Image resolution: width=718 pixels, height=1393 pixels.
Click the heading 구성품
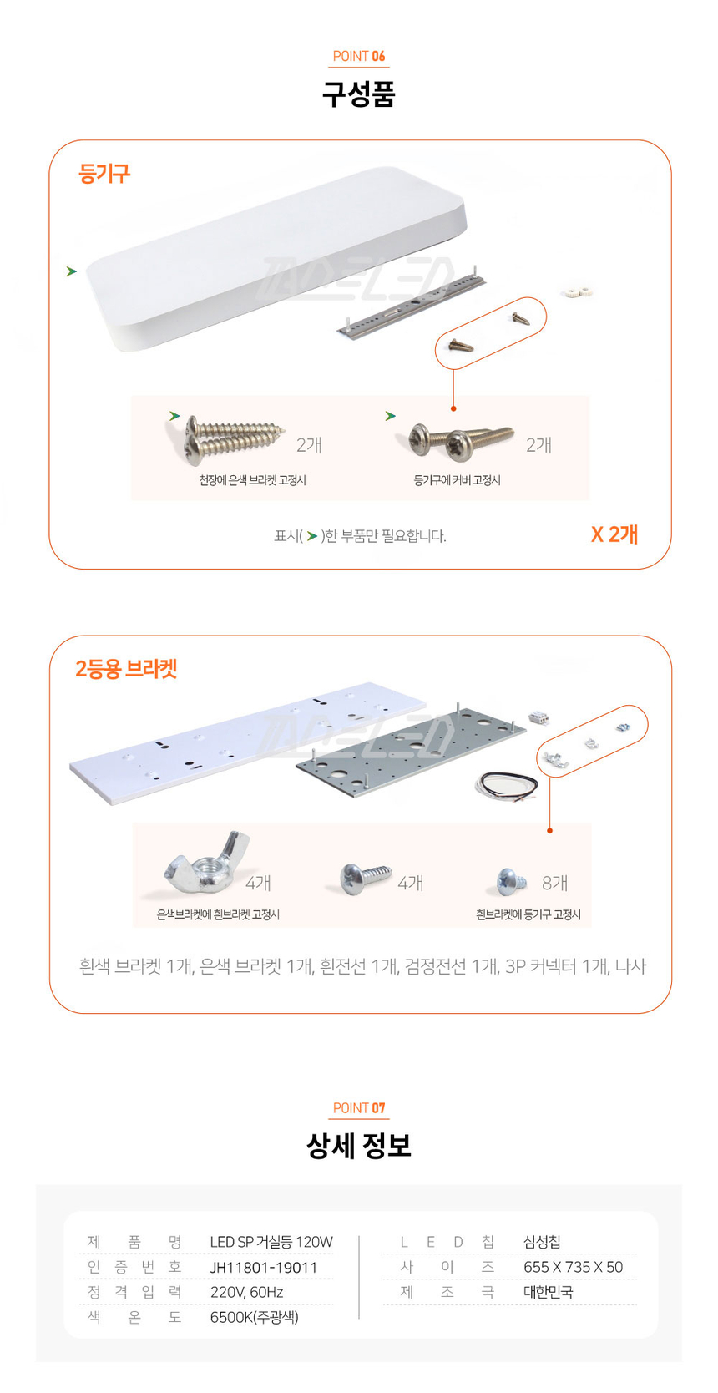tap(359, 94)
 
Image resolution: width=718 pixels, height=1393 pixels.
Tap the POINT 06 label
tap(359, 56)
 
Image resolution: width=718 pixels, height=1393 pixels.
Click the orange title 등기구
tap(104, 173)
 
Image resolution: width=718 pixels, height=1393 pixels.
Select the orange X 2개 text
tap(614, 534)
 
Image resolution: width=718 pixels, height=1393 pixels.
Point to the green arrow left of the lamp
tap(72, 271)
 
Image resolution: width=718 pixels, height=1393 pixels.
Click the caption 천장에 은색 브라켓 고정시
tap(252, 480)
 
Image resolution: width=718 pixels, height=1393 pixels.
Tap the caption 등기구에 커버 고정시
tap(457, 480)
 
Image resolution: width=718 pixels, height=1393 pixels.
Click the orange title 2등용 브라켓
tap(126, 668)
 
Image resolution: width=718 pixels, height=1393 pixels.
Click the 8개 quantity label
tap(554, 883)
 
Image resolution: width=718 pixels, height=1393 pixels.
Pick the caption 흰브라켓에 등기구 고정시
tap(528, 914)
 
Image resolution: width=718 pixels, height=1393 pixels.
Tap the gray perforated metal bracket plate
tap(410, 752)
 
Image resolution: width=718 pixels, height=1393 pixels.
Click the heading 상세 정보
tap(359, 1145)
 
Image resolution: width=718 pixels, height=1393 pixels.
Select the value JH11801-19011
tap(264, 1267)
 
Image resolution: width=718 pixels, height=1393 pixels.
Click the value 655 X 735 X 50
tap(574, 1267)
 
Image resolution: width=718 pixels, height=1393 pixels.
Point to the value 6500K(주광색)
tap(255, 1317)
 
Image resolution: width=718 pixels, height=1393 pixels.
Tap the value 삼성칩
tap(542, 1242)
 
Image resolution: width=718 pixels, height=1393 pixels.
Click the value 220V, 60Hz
tap(247, 1292)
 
